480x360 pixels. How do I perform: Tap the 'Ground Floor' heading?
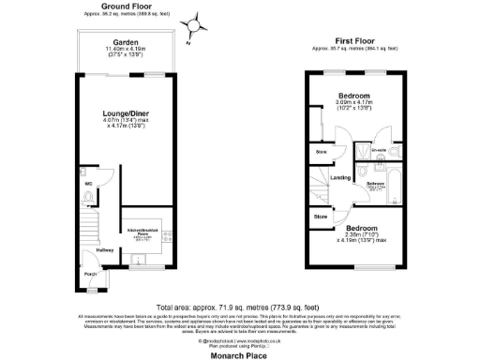(121, 7)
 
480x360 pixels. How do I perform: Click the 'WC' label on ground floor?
(88, 184)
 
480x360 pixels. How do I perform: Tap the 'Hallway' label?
(105, 249)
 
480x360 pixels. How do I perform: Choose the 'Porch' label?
(91, 274)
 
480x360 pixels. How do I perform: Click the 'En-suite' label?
(379, 149)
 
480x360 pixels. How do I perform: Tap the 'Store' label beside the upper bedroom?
(321, 150)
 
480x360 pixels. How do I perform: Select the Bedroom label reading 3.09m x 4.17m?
(353, 96)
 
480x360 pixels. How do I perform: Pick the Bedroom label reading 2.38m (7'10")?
(361, 229)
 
